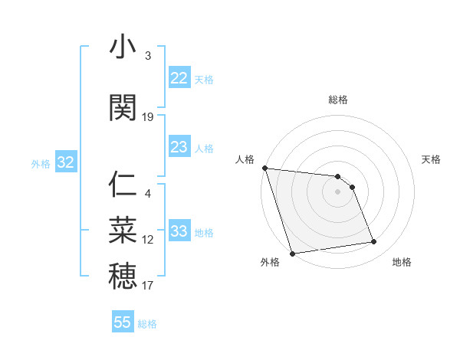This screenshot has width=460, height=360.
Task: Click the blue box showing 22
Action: [x=179, y=78]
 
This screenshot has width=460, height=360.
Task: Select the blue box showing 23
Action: [x=179, y=147]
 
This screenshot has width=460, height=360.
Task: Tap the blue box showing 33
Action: [x=179, y=231]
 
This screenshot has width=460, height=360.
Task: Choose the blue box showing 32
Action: [x=65, y=162]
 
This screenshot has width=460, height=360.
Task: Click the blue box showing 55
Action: [x=123, y=322]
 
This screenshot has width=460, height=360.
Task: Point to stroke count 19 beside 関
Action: [x=148, y=116]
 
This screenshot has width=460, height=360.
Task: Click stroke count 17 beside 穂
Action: [x=148, y=286]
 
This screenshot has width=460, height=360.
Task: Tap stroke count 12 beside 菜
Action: [x=148, y=240]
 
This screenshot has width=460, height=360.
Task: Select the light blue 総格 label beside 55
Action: [x=147, y=324]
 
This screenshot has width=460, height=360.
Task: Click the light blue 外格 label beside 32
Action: [x=41, y=163]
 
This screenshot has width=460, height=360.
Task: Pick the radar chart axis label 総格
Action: [x=338, y=100]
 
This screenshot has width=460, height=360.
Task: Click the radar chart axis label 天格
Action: [x=432, y=159]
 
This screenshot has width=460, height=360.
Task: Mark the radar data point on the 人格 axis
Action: [x=264, y=169]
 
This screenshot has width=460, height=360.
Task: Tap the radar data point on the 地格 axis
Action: [x=374, y=242]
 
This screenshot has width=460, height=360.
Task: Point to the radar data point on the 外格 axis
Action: [x=292, y=253]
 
